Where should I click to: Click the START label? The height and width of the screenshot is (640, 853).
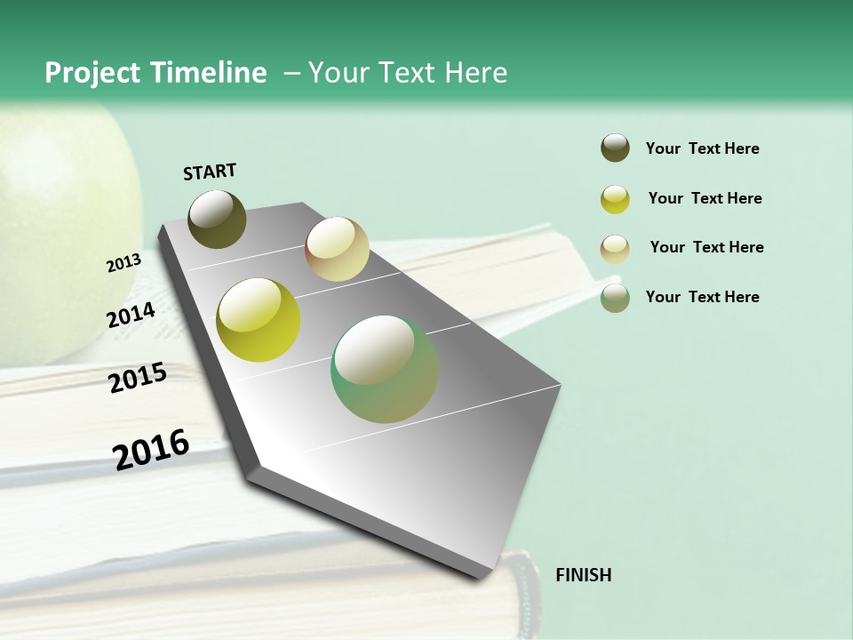(x=210, y=172)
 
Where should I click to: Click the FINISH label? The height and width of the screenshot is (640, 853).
(x=583, y=575)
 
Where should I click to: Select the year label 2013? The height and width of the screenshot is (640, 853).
(x=124, y=263)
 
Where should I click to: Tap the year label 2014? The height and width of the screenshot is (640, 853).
(x=132, y=316)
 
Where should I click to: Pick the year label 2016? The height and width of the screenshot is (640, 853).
(x=151, y=449)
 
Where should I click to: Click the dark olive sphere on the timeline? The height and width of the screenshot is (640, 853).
(x=218, y=220)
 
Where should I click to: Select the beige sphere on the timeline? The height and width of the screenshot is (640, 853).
(x=337, y=248)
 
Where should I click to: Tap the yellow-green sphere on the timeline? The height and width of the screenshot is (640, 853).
(x=259, y=320)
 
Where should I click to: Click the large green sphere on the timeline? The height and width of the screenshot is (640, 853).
(x=385, y=369)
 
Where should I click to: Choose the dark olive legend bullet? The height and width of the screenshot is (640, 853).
(x=615, y=148)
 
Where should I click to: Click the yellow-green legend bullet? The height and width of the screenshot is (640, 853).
(x=615, y=199)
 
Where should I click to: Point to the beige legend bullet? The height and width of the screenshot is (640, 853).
(x=615, y=248)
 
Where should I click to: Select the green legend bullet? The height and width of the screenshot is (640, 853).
(x=615, y=298)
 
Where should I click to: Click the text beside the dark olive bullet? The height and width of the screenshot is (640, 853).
(x=702, y=148)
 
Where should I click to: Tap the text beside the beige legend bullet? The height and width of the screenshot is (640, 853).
(x=706, y=247)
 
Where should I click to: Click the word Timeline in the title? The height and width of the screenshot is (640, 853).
(x=209, y=73)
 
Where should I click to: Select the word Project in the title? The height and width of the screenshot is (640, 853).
(x=93, y=73)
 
